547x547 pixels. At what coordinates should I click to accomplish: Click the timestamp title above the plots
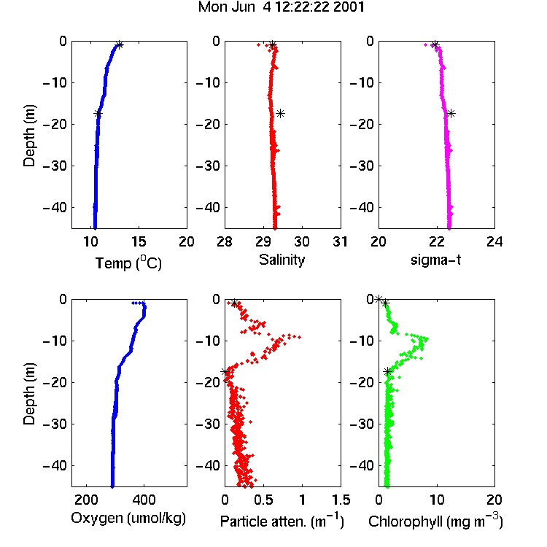click(282, 7)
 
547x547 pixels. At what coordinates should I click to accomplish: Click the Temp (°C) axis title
click(128, 263)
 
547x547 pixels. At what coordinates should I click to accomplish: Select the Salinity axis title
click(282, 260)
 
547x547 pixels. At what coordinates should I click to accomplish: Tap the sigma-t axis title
click(435, 260)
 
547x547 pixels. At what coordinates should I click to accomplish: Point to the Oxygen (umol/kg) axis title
click(128, 519)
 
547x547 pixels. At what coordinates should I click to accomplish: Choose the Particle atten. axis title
click(282, 521)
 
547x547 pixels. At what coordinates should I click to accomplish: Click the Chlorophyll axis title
click(435, 521)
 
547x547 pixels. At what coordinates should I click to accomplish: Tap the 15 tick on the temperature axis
click(139, 241)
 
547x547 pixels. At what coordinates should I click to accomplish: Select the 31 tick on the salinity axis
click(340, 241)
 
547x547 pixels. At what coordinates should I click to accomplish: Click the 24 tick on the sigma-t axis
click(494, 241)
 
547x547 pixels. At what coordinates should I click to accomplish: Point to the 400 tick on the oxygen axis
click(144, 500)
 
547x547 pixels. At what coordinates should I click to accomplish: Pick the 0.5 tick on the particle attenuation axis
click(263, 500)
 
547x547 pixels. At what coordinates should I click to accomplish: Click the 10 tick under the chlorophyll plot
click(437, 500)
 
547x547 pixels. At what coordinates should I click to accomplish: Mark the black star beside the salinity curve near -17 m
click(280, 113)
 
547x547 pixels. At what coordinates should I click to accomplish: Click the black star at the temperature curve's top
click(120, 45)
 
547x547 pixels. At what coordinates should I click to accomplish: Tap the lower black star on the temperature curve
click(98, 113)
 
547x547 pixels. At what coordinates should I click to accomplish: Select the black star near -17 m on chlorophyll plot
click(387, 372)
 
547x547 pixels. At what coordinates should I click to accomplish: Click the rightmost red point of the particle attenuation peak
click(299, 337)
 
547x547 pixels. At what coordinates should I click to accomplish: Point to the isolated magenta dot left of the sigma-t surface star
click(425, 44)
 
